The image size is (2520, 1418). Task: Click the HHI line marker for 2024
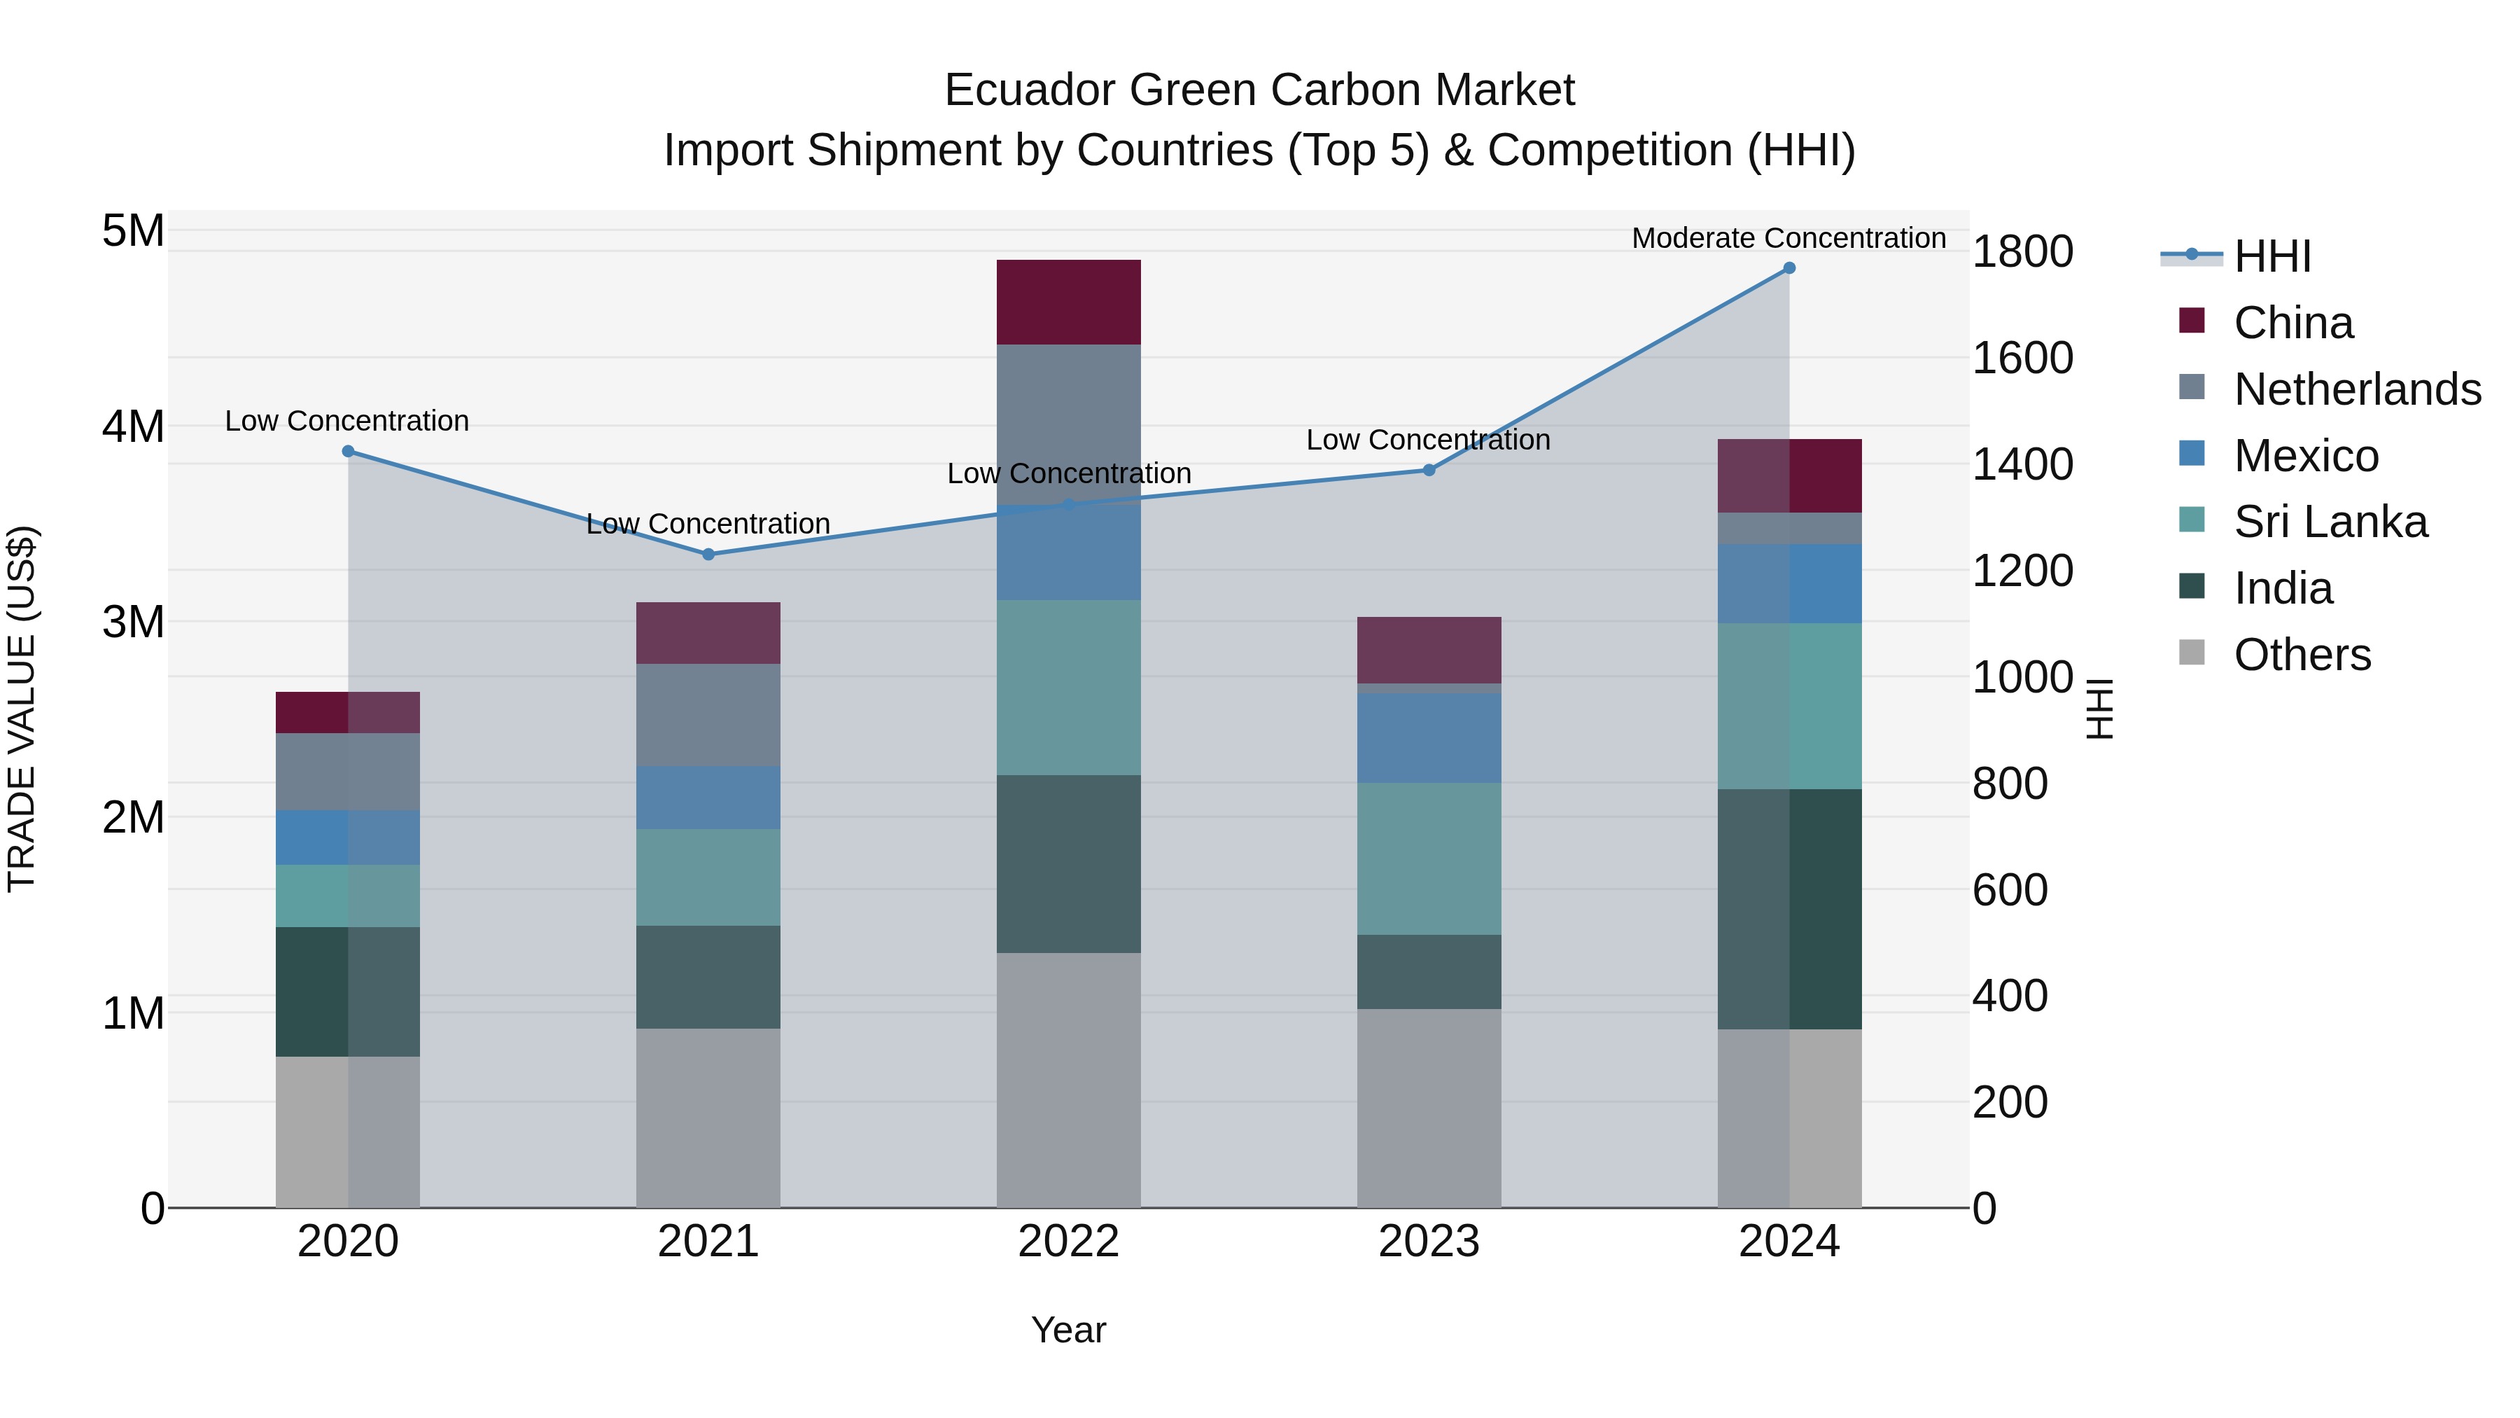(1789, 268)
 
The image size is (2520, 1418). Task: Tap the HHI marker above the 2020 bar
(349, 451)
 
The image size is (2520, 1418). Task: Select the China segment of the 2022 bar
(1068, 303)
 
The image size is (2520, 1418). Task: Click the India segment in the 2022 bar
(1068, 864)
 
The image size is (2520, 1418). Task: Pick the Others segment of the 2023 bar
(1428, 1108)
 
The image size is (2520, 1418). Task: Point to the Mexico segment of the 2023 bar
(1428, 738)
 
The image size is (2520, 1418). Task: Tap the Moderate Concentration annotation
(1788, 238)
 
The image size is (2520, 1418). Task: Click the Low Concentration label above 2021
(708, 524)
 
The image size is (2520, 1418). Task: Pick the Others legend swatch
(2192, 653)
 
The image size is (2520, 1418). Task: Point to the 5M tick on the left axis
(133, 232)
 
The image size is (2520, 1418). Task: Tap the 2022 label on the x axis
(1068, 1242)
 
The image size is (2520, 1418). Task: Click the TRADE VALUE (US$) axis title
(22, 709)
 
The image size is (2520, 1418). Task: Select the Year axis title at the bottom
(1068, 1330)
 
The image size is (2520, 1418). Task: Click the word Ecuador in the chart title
(1029, 90)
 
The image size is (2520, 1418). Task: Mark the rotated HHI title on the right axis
(2100, 709)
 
